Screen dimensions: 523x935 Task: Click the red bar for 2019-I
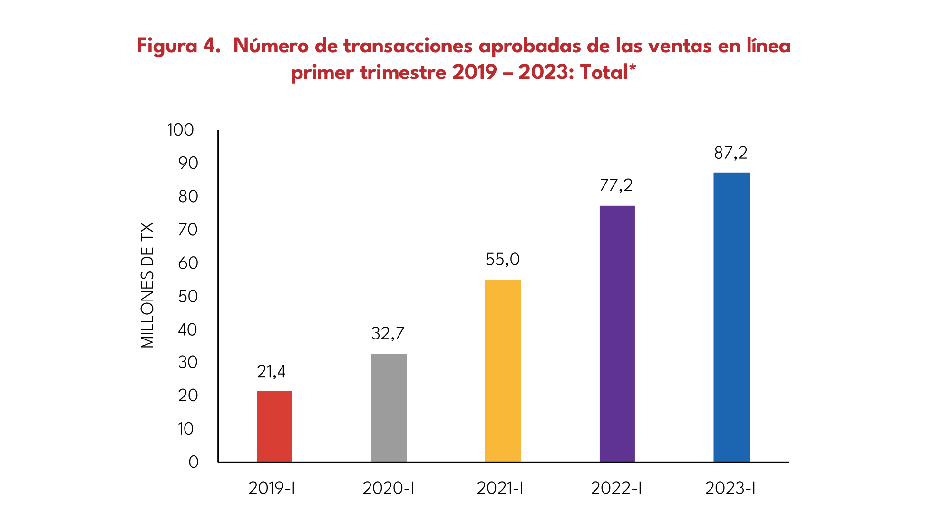(x=274, y=426)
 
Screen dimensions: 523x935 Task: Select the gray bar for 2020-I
(x=389, y=407)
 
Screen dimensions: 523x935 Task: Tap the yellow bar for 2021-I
(x=503, y=370)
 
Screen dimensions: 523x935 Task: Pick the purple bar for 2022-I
(x=617, y=333)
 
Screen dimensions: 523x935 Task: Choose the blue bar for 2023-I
(x=731, y=317)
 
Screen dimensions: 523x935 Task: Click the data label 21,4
(x=271, y=371)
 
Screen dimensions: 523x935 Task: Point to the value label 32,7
(x=388, y=333)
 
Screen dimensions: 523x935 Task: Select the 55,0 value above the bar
(x=502, y=260)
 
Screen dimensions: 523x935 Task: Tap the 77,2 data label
(x=616, y=185)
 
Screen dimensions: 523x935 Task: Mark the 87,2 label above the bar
(x=730, y=153)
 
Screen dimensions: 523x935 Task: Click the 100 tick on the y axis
(x=181, y=130)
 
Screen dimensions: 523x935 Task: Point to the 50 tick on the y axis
(x=188, y=296)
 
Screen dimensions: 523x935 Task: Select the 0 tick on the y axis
(x=193, y=462)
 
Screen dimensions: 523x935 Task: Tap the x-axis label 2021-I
(x=500, y=488)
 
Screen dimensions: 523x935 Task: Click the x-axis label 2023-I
(x=730, y=488)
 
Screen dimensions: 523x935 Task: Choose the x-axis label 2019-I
(x=272, y=488)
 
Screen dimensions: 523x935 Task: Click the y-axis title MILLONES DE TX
(x=147, y=285)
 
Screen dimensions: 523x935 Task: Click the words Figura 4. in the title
(x=179, y=46)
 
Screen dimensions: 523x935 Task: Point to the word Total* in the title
(x=607, y=72)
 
